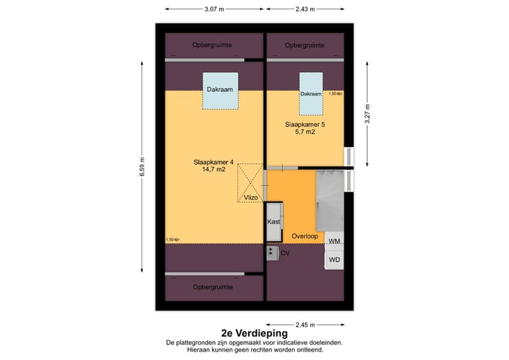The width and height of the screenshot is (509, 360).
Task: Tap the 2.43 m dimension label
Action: coord(305,9)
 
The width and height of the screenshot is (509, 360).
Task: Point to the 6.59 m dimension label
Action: coord(143,166)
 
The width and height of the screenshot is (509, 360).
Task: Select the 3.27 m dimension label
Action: coord(367,114)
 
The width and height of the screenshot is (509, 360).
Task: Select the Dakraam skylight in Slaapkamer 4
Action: coord(219,91)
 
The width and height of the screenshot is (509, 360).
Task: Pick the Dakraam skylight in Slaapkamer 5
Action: coord(311,95)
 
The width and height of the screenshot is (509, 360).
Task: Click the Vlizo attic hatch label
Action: coord(251,197)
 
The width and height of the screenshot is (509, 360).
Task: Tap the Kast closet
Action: coord(274,221)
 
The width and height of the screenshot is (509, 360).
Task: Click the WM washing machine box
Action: coord(335,242)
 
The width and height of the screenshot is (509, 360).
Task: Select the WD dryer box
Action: coord(335,260)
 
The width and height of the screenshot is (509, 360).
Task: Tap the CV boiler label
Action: coord(285,252)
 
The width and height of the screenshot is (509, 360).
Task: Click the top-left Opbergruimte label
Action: coord(214,45)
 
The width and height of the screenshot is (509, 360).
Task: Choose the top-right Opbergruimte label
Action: coord(305,45)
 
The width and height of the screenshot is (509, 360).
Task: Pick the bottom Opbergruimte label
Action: coord(214,286)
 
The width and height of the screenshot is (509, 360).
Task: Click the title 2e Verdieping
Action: coord(254,332)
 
